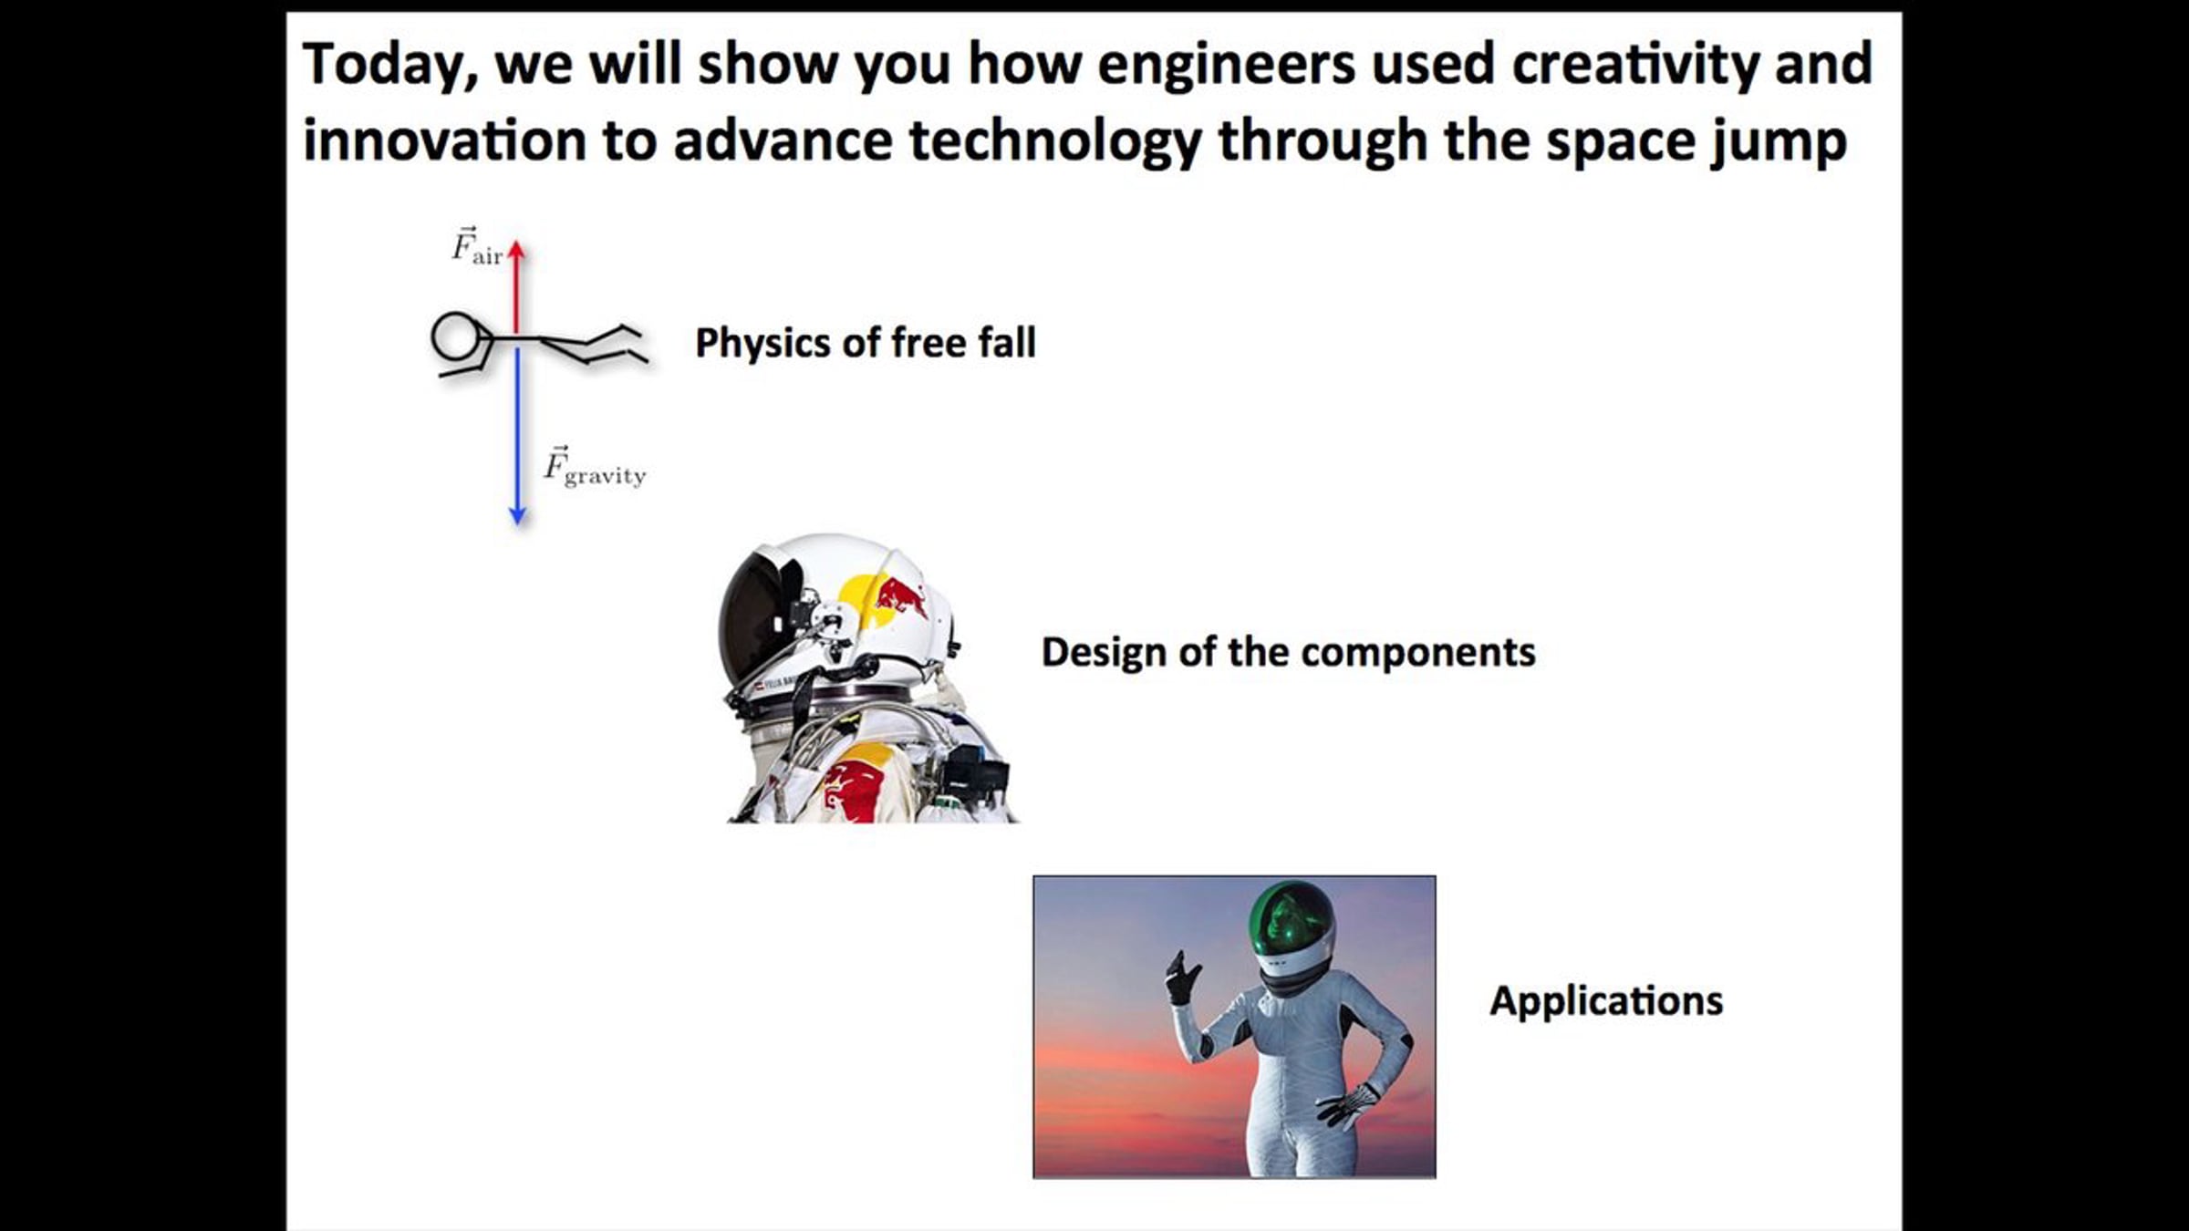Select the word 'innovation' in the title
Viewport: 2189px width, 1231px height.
444,141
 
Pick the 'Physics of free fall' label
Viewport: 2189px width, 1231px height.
865,344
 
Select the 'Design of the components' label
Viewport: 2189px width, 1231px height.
1288,653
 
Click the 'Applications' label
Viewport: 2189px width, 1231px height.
1606,1001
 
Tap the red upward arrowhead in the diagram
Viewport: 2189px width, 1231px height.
516,249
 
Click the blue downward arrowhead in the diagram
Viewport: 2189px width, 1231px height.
517,516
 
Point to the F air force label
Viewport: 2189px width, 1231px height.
477,246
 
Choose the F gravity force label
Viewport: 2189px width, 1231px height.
595,467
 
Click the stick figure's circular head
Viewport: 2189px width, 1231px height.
454,336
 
